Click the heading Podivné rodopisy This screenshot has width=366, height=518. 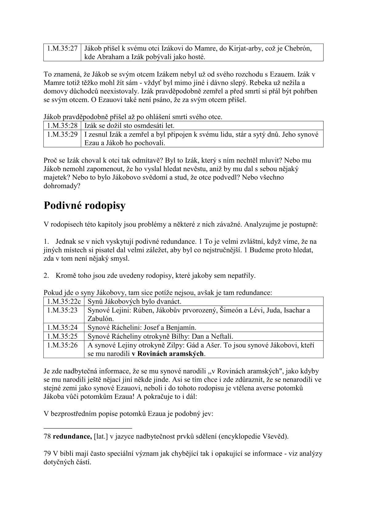pos(85,206)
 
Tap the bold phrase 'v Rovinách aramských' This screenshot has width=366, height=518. pos(168,354)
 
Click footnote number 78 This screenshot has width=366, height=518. pos(47,436)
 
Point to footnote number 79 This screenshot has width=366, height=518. pos(47,454)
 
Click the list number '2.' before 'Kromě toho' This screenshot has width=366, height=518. pos(46,275)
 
